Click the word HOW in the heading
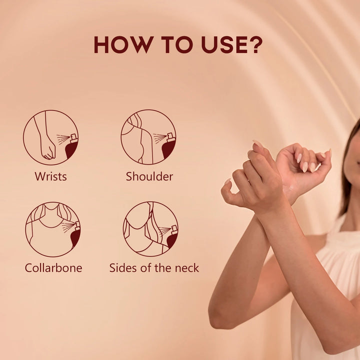tap(123, 44)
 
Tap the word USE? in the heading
tap(231, 44)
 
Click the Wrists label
tap(50, 176)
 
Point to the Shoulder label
tap(149, 176)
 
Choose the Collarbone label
tap(53, 267)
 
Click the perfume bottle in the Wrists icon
tap(72, 146)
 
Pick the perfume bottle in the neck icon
tap(172, 236)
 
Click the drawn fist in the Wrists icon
tap(48, 149)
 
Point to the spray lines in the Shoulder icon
tap(159, 138)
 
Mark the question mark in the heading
tap(255, 44)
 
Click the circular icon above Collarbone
tap(53, 229)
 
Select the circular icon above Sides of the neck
tap(150, 229)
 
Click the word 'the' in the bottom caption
tap(162, 267)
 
